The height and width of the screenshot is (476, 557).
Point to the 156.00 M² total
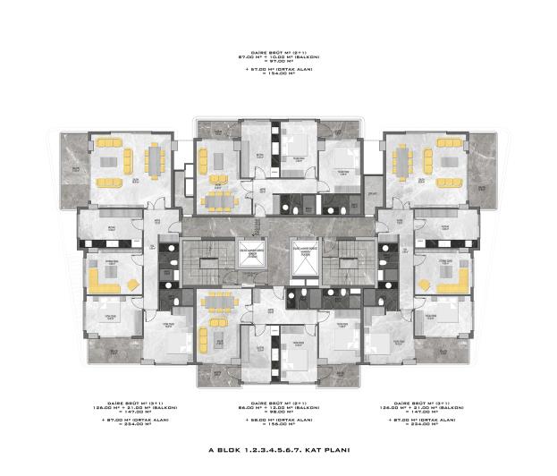click(x=279, y=426)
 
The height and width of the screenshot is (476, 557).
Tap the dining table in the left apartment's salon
click(x=155, y=162)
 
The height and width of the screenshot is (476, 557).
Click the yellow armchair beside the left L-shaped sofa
click(x=133, y=284)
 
